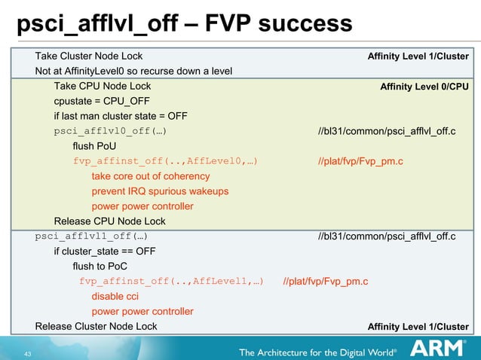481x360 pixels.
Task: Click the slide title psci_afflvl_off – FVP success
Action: click(184, 24)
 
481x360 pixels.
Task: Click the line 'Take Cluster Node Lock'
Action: click(89, 56)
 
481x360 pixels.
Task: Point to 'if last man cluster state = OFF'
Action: click(121, 116)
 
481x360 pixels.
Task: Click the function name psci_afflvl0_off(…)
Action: click(110, 131)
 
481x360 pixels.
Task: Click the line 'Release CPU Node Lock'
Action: click(109, 221)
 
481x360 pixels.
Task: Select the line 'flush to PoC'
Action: click(100, 267)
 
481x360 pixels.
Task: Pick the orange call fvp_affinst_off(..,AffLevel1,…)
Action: click(172, 282)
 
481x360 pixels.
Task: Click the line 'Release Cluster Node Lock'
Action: click(97, 326)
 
